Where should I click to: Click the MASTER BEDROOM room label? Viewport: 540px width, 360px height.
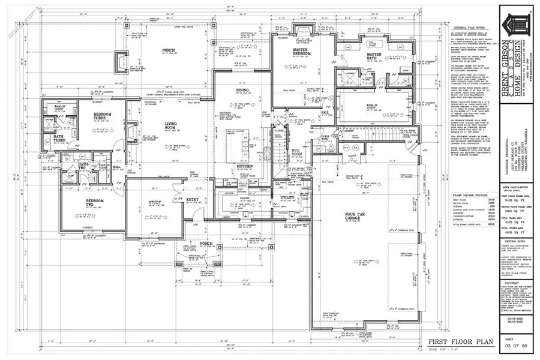point(301,52)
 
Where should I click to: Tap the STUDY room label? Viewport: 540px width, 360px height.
point(155,203)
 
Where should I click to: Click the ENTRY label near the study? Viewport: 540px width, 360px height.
point(192,200)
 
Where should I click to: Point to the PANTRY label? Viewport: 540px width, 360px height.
point(244,197)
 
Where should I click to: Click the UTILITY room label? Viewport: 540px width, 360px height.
point(287,197)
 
